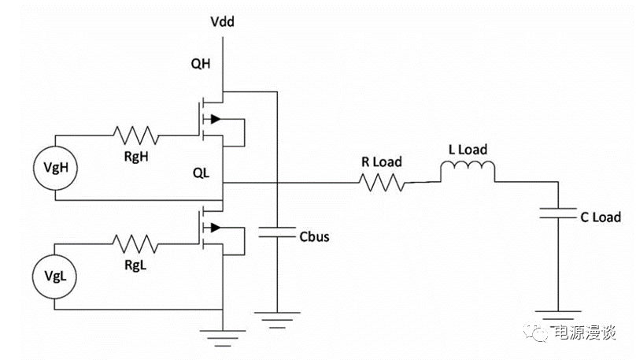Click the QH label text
coord(202,65)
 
